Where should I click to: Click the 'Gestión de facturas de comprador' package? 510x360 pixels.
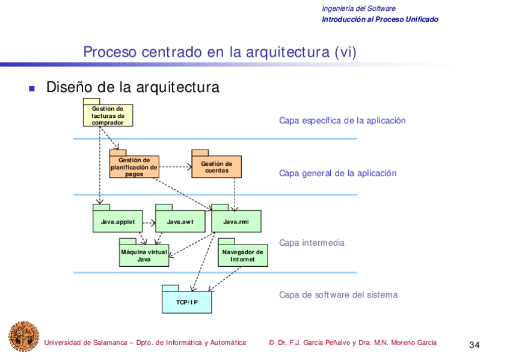(x=108, y=115)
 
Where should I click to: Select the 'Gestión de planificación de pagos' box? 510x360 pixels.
(x=134, y=167)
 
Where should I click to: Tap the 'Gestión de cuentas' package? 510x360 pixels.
(x=217, y=167)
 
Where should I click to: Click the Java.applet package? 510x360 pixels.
(x=117, y=222)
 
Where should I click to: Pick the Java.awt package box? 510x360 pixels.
(x=180, y=222)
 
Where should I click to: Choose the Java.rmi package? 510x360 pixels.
(x=236, y=222)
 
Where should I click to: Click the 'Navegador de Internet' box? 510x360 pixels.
(x=242, y=255)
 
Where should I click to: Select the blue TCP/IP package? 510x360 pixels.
(x=186, y=302)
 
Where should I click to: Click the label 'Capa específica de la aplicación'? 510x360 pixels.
(x=342, y=121)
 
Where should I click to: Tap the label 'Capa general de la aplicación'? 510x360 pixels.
(x=337, y=174)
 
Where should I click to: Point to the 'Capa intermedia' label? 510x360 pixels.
(x=312, y=243)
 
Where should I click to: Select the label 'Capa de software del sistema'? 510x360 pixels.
(x=338, y=295)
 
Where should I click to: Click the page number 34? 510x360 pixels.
(x=474, y=345)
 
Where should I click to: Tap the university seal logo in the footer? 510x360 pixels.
(x=23, y=337)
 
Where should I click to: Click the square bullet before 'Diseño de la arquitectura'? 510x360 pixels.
(x=32, y=88)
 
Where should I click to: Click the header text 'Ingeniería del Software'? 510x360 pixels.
(x=358, y=8)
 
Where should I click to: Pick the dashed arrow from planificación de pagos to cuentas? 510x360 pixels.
(x=175, y=166)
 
